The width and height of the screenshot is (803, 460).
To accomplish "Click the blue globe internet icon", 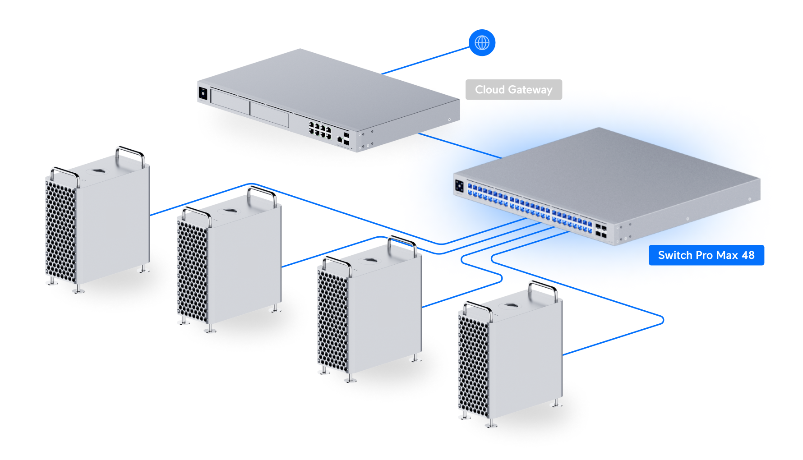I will tap(482, 43).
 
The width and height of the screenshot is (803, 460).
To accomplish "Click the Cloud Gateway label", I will tap(513, 90).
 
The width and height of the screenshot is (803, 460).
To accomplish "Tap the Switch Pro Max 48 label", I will tap(706, 255).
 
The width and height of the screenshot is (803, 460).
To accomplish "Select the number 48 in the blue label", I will tap(748, 255).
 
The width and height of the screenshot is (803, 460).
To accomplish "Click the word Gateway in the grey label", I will tap(531, 90).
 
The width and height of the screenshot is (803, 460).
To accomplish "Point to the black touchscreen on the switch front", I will tap(459, 185).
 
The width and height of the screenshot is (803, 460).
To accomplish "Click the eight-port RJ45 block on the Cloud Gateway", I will tap(319, 130).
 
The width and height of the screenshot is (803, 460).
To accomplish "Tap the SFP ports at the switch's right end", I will tap(600, 231).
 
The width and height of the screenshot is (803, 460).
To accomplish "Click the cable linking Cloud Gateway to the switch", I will tap(460, 146).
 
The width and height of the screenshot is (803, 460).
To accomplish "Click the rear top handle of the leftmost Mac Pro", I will tap(130, 153).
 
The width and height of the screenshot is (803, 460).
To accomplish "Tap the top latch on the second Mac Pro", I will tap(230, 211).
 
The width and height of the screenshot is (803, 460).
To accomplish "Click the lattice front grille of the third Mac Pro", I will tap(333, 320).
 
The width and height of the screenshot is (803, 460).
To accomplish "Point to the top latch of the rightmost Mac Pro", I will tap(511, 306).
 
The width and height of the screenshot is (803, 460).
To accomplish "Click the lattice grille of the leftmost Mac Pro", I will tap(60, 230).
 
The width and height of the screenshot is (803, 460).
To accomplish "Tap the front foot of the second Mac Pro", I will tap(210, 330).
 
